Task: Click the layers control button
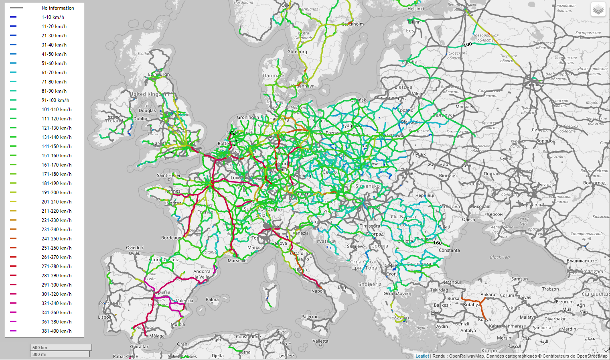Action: click(598, 9)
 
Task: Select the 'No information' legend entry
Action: click(58, 8)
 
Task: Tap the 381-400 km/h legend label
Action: click(57, 331)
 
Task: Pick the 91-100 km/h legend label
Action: click(55, 100)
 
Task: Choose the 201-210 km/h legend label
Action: click(57, 202)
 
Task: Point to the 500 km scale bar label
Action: click(40, 348)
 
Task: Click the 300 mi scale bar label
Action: click(39, 354)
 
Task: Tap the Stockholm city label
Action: click(353, 24)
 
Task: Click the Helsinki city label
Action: click(415, 9)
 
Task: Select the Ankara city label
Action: click(488, 295)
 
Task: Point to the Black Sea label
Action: click(500, 257)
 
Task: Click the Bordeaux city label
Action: click(171, 238)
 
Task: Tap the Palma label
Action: click(212, 299)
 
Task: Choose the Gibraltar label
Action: click(139, 346)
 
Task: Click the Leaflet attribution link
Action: click(422, 356)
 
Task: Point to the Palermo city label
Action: click(310, 317)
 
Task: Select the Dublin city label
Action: click(140, 119)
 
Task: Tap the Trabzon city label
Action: click(550, 289)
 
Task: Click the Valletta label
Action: click(320, 341)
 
